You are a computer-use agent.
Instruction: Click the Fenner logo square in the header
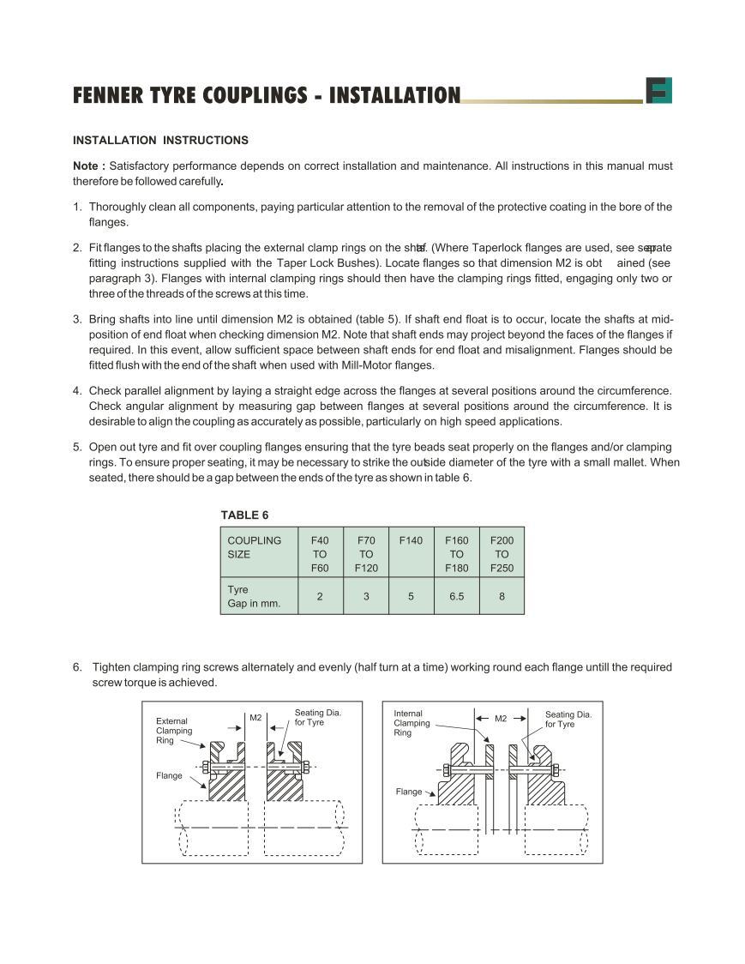[658, 90]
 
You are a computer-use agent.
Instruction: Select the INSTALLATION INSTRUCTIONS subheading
[160, 140]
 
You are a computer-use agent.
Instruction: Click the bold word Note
[88, 166]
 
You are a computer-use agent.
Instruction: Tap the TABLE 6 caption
[244, 515]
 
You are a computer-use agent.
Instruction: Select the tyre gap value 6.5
[456, 597]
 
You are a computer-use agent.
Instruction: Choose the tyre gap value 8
[502, 597]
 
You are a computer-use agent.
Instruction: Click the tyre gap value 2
[320, 597]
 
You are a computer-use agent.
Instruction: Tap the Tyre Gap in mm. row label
[254, 597]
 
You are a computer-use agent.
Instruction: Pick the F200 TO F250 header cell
[502, 554]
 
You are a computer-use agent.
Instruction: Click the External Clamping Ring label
[174, 731]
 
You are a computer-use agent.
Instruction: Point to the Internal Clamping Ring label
[412, 723]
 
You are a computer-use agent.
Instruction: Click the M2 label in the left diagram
[255, 718]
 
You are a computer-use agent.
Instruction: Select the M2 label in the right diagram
[501, 719]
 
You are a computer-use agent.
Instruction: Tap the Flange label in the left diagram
[169, 775]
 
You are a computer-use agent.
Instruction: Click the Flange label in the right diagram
[409, 792]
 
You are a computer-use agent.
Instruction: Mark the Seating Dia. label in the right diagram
[568, 720]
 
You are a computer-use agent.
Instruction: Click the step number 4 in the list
[77, 391]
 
